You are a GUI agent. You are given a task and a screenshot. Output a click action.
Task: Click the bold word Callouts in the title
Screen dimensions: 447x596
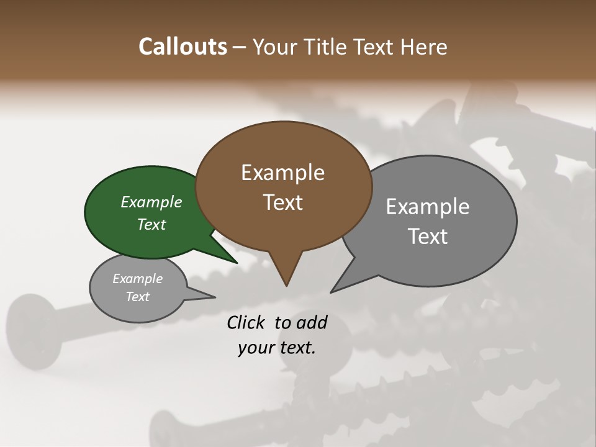click(183, 47)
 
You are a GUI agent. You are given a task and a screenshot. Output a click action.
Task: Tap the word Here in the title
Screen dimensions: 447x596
click(424, 47)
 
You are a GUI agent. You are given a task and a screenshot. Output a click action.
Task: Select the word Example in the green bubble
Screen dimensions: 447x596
click(151, 202)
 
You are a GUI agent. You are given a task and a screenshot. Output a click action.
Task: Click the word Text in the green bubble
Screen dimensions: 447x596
click(151, 224)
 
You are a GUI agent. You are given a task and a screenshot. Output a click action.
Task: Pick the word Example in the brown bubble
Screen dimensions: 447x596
click(282, 173)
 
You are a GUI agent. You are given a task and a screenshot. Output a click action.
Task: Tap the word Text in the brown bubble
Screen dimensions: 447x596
click(283, 202)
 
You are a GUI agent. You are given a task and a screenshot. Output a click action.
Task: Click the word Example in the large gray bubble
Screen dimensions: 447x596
click(428, 207)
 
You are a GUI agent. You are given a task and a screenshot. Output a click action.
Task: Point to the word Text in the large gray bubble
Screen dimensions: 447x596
click(428, 237)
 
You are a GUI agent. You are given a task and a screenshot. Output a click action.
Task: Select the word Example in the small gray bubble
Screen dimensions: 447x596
click(137, 279)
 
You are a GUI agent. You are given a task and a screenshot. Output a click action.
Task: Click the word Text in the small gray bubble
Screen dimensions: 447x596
click(137, 297)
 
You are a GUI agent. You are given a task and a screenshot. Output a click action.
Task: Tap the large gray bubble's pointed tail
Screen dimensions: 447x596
click(336, 289)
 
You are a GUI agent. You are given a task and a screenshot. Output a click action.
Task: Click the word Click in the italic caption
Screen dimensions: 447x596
click(247, 322)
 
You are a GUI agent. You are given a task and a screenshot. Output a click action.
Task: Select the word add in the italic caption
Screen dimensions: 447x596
click(311, 322)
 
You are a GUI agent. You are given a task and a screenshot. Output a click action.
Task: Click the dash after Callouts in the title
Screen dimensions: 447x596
click(240, 47)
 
